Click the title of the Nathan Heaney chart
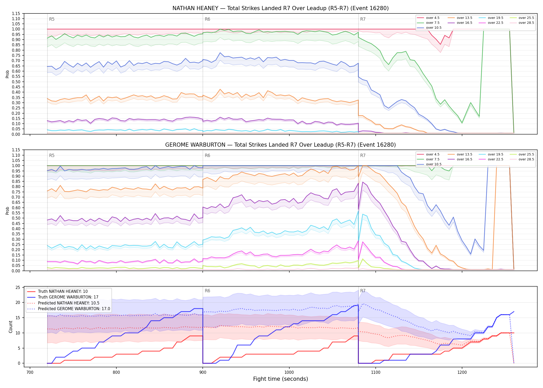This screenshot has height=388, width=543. point(281,8)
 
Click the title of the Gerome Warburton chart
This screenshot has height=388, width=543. point(281,145)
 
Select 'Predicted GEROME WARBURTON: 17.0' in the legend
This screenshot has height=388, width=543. point(69,309)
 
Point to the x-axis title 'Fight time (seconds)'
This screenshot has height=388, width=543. point(281,379)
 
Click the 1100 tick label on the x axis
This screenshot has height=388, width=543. point(375,372)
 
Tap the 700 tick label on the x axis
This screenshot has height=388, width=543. point(30,372)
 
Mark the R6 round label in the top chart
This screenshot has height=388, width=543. point(207,19)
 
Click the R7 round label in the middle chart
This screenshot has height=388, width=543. point(363,155)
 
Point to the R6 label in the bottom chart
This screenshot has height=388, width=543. point(207,291)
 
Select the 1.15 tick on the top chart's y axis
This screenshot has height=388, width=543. point(16,13)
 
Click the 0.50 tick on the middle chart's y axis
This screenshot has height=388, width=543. point(16,218)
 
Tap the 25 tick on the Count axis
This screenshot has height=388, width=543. point(18,287)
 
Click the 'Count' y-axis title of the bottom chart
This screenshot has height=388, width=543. point(11,327)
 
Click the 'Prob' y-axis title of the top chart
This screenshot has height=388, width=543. point(7,74)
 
